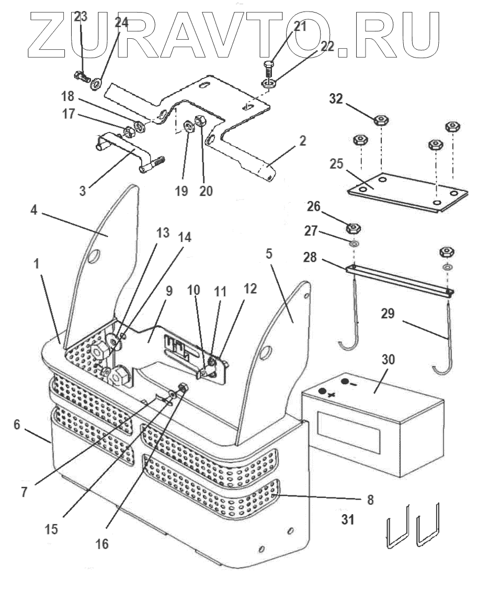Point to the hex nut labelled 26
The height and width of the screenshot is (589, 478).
(354, 229)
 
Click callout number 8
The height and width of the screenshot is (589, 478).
(370, 499)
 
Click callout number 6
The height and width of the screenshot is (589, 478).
(17, 425)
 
